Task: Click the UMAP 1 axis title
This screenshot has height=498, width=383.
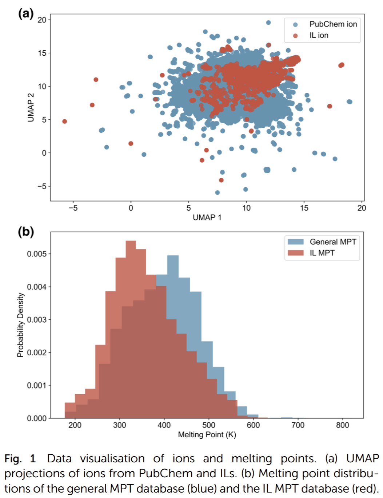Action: [x=207, y=218]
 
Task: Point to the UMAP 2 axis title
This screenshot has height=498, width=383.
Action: [x=31, y=107]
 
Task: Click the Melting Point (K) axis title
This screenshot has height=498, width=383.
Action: [x=207, y=435]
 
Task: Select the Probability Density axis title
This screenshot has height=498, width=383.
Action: [x=20, y=325]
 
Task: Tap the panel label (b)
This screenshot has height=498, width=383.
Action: [x=26, y=232]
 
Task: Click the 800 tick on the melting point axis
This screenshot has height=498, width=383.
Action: [x=342, y=425]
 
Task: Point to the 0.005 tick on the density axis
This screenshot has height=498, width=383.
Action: [x=37, y=254]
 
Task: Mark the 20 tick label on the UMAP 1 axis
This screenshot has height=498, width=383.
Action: [x=362, y=208]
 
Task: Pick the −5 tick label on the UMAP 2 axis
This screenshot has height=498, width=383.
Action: [x=42, y=186]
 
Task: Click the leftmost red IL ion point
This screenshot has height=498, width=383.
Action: [x=64, y=121]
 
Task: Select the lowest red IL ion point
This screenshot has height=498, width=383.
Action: [x=221, y=180]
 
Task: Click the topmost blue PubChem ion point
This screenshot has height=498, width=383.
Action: [x=268, y=23]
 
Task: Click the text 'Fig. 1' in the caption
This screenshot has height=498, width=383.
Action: [x=20, y=459]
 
